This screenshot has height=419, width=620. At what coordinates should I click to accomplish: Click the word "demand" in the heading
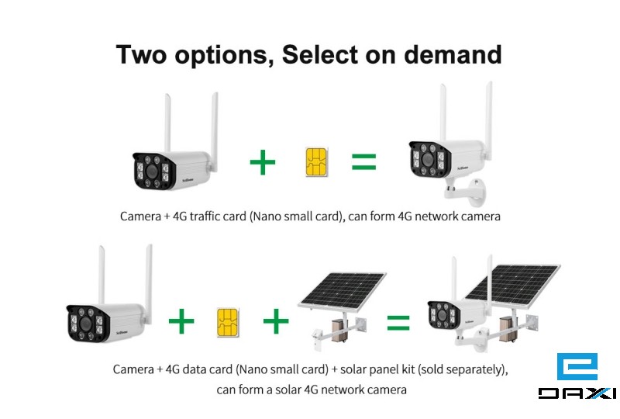click(453, 54)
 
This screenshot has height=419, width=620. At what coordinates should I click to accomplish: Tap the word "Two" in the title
click(142, 54)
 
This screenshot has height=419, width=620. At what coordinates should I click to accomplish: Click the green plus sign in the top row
click(263, 162)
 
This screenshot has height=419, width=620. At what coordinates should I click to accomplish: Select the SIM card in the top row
click(316, 162)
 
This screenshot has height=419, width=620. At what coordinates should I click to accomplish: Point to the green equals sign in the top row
click(363, 161)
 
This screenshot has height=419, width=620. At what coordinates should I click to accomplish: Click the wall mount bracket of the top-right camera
click(466, 192)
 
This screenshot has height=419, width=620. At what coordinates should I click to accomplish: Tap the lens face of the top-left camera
click(152, 171)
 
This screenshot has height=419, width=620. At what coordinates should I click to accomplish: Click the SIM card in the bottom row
click(228, 322)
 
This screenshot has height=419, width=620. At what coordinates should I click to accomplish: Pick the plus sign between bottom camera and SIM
click(181, 321)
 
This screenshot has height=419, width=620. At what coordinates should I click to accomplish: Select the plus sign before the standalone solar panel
click(276, 321)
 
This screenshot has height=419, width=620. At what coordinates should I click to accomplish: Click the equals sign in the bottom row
click(398, 322)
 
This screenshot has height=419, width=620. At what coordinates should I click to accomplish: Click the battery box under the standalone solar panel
click(339, 330)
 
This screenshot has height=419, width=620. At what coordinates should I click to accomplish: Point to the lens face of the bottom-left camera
click(86, 323)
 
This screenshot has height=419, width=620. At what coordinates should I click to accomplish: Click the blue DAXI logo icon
click(577, 367)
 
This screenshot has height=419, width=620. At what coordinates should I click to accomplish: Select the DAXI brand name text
click(577, 393)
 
